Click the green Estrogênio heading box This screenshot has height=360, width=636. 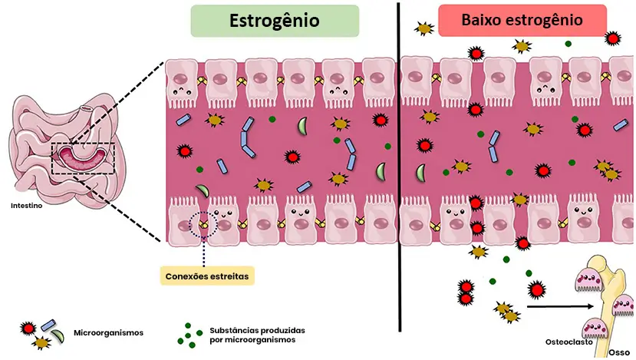point(275,21)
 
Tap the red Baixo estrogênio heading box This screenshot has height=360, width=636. point(522,21)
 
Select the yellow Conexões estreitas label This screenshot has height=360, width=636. point(207,275)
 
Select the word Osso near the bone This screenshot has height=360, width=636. point(618,352)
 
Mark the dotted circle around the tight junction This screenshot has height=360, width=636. point(203,224)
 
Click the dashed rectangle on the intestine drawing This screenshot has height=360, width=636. point(82,157)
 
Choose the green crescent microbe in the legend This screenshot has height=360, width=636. point(58,336)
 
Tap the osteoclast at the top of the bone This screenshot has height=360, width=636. point(588,282)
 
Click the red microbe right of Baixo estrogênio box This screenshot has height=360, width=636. point(612,38)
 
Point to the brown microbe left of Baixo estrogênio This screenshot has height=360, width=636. point(423,29)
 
